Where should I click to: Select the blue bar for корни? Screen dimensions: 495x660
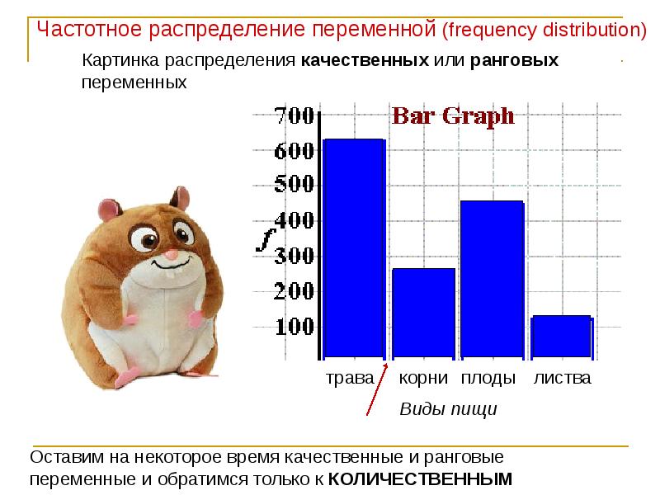[423, 313]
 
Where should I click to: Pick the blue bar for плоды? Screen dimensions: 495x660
[492, 280]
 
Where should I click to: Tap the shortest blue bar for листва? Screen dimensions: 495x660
[561, 337]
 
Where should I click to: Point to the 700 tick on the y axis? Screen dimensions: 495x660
[294, 115]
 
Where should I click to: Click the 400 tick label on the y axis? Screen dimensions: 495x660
[294, 220]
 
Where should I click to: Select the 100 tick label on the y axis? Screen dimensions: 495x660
[294, 327]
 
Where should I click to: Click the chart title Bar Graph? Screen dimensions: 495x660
[452, 116]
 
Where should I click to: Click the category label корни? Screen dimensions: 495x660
[423, 379]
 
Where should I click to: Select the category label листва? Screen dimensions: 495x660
[562, 379]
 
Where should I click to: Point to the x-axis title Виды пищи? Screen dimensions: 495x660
[448, 409]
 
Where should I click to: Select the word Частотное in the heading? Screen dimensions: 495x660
[90, 31]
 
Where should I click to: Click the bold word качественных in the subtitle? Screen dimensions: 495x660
[364, 61]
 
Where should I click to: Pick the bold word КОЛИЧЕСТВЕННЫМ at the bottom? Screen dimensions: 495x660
[420, 478]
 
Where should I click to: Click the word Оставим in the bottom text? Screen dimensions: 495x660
[61, 457]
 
